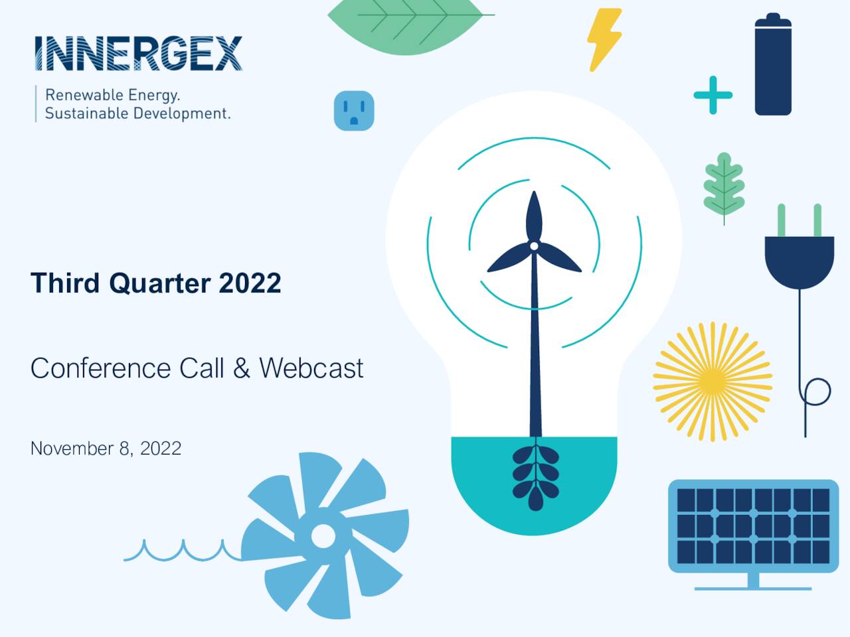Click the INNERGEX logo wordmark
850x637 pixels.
pyautogui.click(x=138, y=53)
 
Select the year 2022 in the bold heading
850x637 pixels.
pyautogui.click(x=250, y=283)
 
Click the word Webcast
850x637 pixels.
pyautogui.click(x=311, y=368)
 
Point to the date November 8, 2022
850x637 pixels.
pyautogui.click(x=106, y=449)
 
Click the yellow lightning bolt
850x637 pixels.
pyautogui.click(x=604, y=39)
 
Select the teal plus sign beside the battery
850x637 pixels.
pyautogui.click(x=713, y=95)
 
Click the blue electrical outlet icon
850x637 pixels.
pyautogui.click(x=354, y=110)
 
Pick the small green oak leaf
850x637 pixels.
pyautogui.click(x=724, y=185)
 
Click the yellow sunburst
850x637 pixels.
pyautogui.click(x=713, y=382)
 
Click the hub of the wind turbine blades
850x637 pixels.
pyautogui.click(x=534, y=246)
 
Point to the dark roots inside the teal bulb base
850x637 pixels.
pyautogui.click(x=535, y=476)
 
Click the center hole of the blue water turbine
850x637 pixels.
pyautogui.click(x=323, y=535)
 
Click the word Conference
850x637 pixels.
pyautogui.click(x=100, y=368)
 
